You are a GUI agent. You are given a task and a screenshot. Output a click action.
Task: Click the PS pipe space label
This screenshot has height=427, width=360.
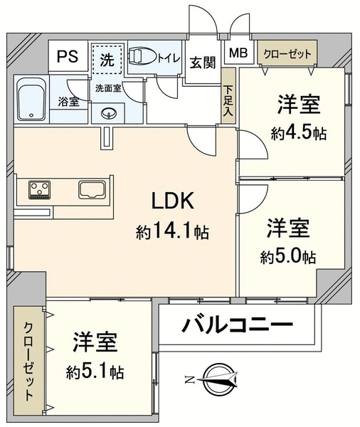point(68,56)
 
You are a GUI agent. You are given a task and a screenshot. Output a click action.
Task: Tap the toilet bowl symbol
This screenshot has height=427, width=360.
point(142,56)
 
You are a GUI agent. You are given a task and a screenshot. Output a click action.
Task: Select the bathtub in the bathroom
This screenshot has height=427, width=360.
point(31,99)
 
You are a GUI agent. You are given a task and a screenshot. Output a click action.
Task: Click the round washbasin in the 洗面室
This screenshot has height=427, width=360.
point(108,113)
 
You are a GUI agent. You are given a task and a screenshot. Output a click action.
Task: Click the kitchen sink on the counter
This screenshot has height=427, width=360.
point(92,189)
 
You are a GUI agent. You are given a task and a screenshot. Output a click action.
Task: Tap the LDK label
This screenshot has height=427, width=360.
point(173,201)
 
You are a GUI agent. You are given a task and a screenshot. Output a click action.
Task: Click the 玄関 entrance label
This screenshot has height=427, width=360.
point(203,63)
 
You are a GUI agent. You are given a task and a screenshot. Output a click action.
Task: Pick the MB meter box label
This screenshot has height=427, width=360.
point(238,53)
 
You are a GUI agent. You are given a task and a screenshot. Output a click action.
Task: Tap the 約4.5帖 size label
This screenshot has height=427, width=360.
point(298,133)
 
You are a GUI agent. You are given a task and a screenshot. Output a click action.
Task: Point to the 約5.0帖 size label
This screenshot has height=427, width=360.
point(288,256)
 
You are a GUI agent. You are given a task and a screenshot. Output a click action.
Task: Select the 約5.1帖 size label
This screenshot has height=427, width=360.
point(95,372)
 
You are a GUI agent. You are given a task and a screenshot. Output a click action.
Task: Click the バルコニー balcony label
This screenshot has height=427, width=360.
point(237,324)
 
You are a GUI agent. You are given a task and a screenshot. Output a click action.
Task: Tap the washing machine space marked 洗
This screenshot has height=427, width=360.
point(107,59)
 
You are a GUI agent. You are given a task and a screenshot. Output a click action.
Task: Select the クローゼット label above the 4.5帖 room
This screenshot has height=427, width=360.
point(287,54)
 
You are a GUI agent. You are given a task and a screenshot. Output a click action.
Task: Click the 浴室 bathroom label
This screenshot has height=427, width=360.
point(68,102)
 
